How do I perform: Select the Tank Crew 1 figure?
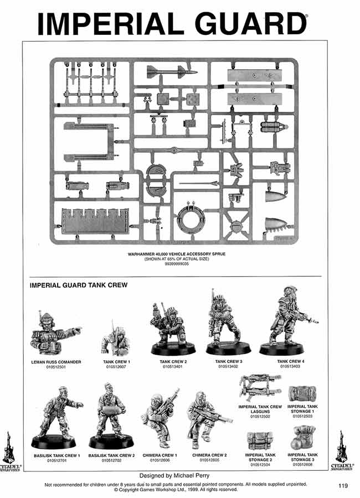(116, 340)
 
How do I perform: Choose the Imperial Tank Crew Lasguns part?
(260, 387)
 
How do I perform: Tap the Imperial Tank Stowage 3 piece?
(302, 441)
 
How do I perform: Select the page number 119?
(342, 486)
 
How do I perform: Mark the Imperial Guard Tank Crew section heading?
(79, 286)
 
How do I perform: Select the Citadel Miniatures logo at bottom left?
(11, 451)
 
